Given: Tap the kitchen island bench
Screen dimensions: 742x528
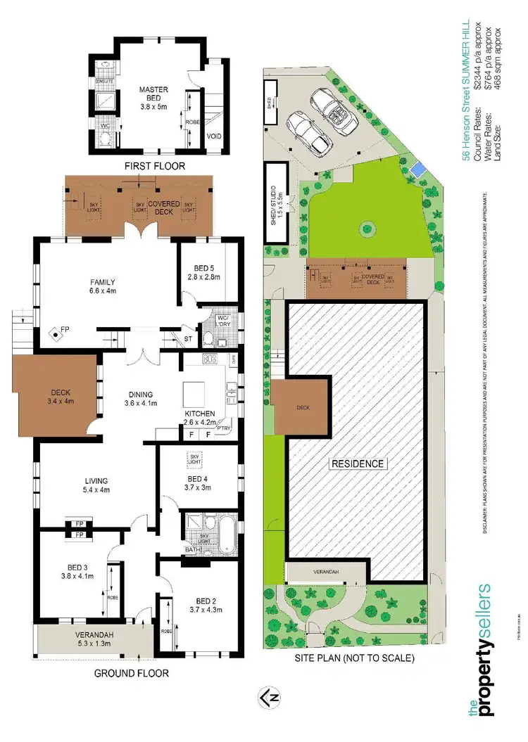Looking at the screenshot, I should [198, 391].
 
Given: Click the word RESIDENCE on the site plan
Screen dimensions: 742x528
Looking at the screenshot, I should [358, 463].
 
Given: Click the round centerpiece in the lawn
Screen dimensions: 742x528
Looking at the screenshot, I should [365, 227].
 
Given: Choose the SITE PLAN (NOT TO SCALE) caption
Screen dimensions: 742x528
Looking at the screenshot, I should [356, 659].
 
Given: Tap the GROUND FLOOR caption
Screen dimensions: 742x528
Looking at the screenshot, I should [132, 673].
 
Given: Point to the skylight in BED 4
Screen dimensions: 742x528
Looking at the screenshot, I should [194, 459].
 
